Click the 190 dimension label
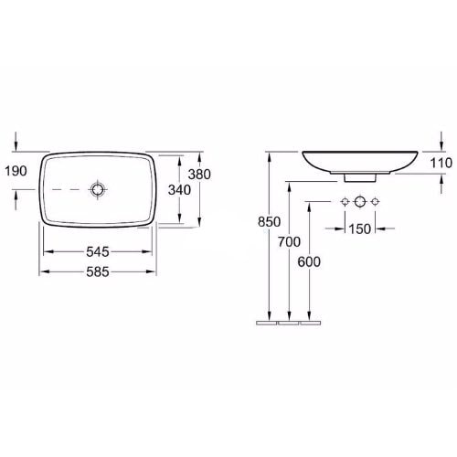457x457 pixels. pos(16,171)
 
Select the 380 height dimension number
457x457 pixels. pos(199,175)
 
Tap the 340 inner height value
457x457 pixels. pos(179,190)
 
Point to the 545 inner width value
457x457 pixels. pos(98,251)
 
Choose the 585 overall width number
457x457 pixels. pos(98,271)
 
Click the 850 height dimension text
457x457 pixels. pos(269,222)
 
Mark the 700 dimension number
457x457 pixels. pos(289,242)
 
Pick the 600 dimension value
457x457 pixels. pos(309,262)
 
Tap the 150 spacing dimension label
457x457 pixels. pos(360,229)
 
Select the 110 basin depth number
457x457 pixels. pos(441,163)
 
